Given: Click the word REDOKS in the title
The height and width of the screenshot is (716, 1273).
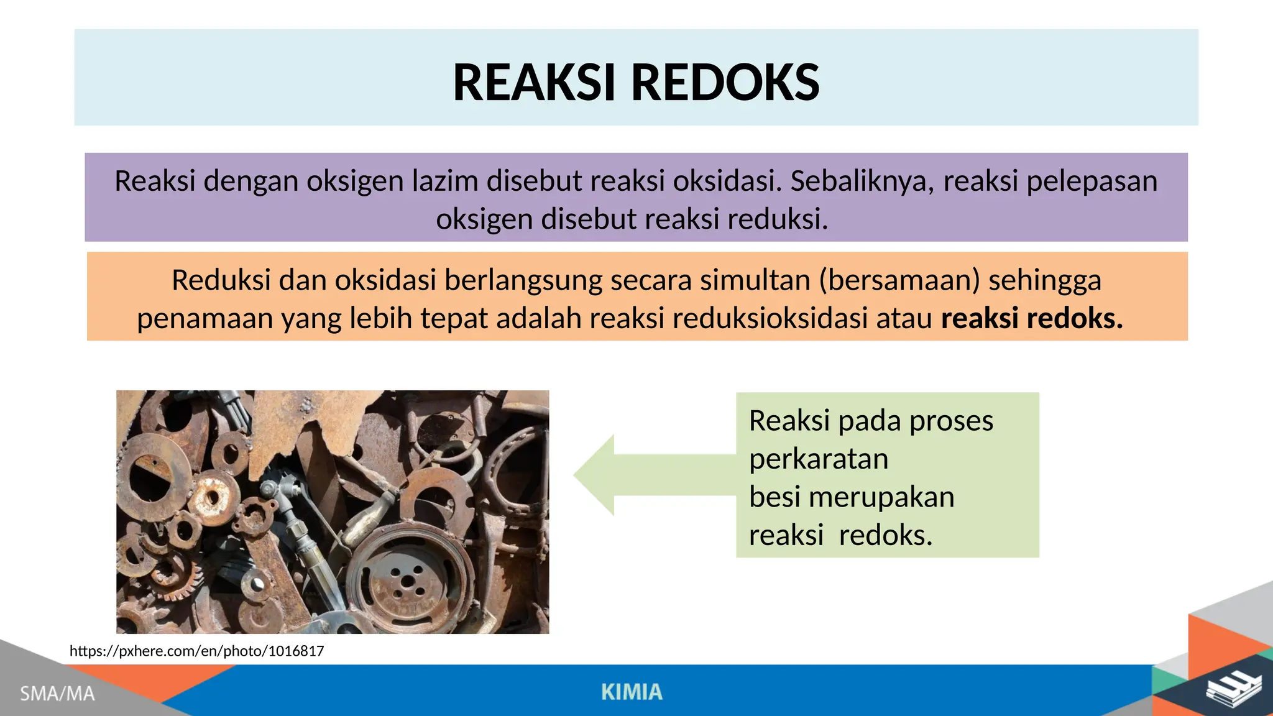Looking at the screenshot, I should pos(725,83).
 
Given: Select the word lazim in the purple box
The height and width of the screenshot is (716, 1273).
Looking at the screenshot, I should pos(445,181).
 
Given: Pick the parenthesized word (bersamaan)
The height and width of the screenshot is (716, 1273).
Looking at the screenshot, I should pos(899,280).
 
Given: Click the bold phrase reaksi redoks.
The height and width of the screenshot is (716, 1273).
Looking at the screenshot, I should pos(1032,318).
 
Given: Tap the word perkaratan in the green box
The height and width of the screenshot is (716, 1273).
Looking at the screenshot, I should pos(819,459).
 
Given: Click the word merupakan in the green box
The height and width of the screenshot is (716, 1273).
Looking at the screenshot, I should pos(881,497).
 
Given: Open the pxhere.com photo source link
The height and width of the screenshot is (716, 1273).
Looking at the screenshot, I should pos(196,651).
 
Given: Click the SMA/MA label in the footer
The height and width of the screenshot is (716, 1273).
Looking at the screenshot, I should pos(57,693).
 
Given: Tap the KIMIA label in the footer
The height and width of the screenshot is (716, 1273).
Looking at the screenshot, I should pos(632,692).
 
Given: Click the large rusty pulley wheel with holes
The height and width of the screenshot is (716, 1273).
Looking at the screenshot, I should pos(408,577).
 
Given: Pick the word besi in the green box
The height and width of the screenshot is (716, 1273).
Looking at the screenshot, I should pos(774,497).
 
